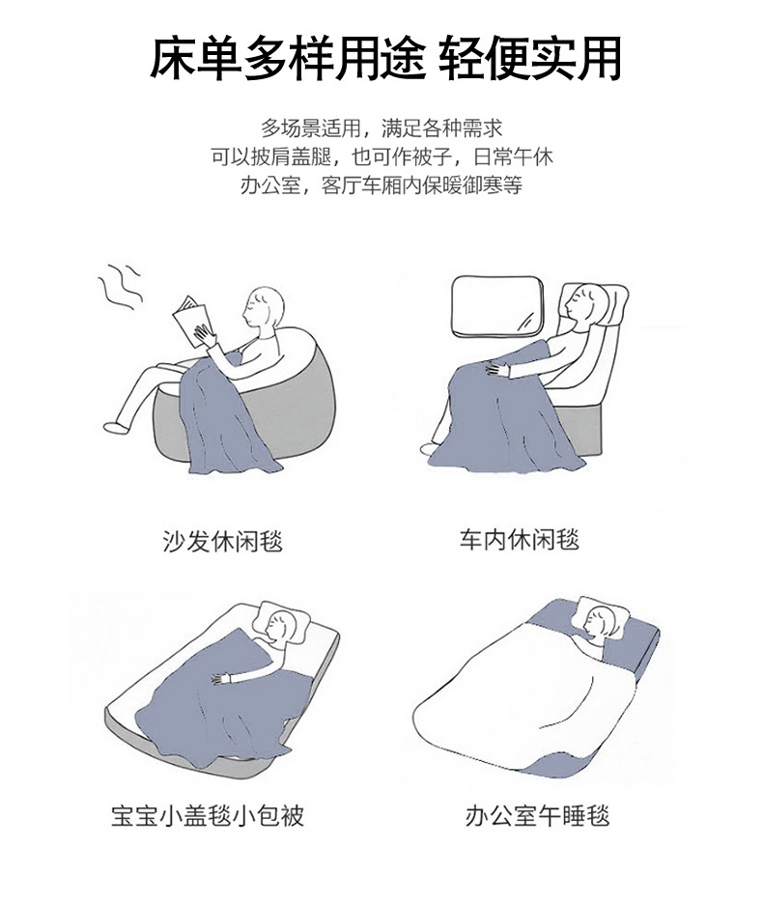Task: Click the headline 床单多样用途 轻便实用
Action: (385, 58)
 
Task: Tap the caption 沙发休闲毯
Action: (222, 542)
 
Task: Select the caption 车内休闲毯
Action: (519, 540)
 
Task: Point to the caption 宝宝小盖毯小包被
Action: (208, 815)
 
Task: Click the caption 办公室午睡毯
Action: (538, 815)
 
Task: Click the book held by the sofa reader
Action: (192, 321)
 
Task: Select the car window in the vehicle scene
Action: (497, 307)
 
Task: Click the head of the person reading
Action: (264, 307)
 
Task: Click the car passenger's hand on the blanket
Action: (498, 368)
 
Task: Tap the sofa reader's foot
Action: (115, 427)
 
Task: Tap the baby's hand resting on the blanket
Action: (221, 678)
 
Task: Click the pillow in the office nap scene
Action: (601, 617)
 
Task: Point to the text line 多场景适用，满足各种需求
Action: (381, 128)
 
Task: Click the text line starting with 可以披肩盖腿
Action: (381, 156)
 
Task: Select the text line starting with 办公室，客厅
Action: (381, 185)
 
